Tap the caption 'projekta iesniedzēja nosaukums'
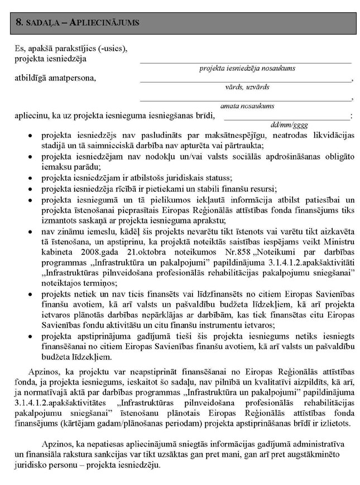pos(247,68)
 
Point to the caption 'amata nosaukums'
pos(247,105)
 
